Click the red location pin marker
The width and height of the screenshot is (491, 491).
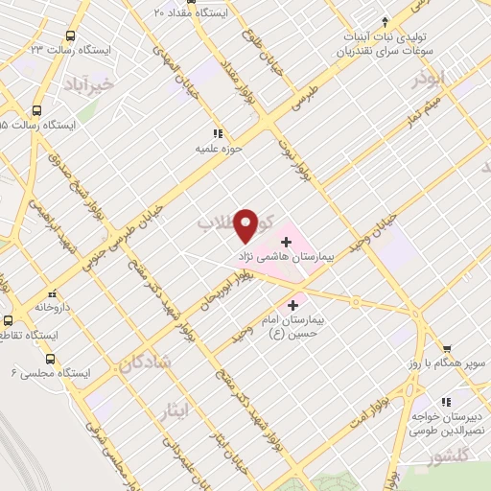coord(245,224)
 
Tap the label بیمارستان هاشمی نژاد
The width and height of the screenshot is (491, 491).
coord(285,258)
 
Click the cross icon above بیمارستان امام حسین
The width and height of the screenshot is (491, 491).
coord(292,305)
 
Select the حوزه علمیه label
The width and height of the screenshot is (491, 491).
coord(216,149)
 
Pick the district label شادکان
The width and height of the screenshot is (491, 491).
coord(146,362)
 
